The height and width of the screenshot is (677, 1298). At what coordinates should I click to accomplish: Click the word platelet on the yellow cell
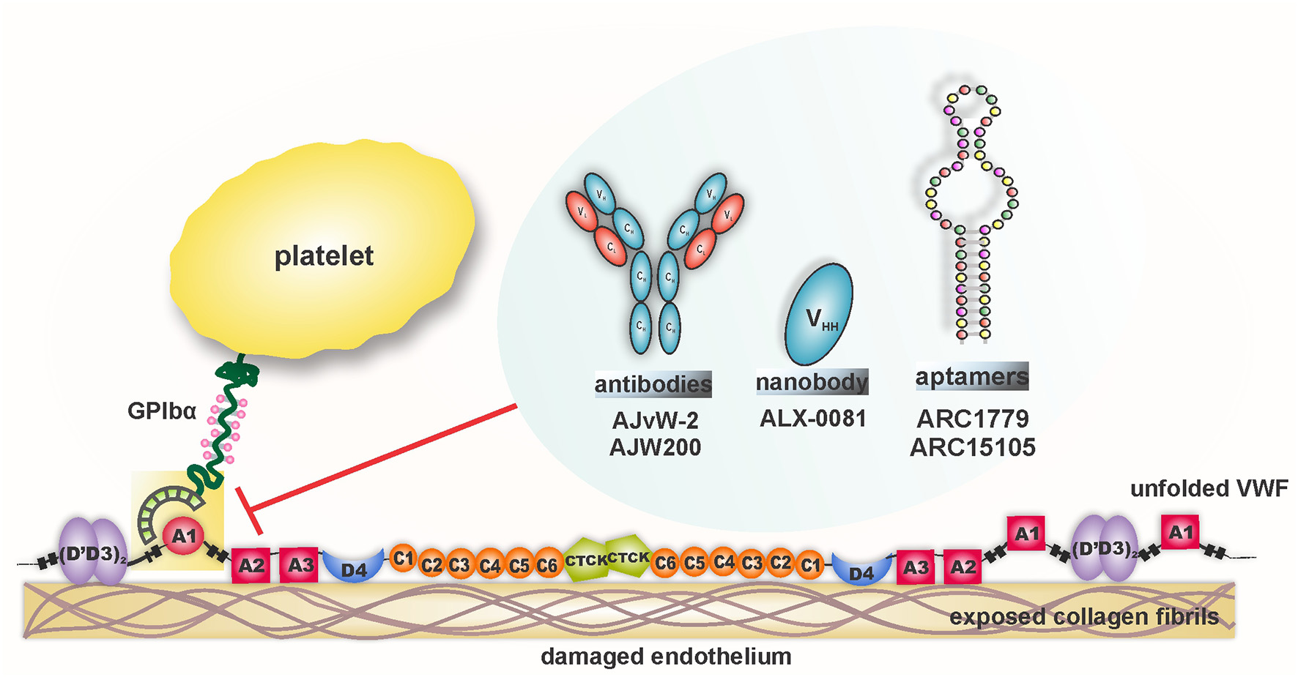(324, 256)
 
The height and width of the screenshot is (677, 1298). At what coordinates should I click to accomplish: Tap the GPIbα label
(162, 411)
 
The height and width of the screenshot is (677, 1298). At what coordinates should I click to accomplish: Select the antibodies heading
(653, 384)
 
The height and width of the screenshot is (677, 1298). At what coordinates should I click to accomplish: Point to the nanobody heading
(812, 382)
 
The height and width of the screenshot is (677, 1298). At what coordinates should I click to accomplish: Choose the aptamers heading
(972, 377)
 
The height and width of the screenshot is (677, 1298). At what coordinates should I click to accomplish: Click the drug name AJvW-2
(655, 420)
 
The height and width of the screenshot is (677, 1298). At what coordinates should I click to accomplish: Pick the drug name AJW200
(655, 446)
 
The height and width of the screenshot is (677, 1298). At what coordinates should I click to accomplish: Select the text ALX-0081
(813, 419)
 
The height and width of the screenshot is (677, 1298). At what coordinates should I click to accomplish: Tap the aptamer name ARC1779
(973, 419)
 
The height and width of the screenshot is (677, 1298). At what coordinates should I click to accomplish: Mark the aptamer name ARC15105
(973, 447)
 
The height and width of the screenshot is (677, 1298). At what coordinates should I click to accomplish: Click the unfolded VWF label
(1209, 489)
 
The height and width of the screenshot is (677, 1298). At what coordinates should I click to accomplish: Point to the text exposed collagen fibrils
(1084, 617)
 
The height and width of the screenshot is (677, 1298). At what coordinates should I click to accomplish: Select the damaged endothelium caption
(666, 657)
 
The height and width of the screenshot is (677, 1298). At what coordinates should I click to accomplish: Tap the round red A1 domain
(182, 536)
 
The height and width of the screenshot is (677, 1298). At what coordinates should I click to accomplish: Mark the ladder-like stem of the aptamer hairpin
(972, 285)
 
